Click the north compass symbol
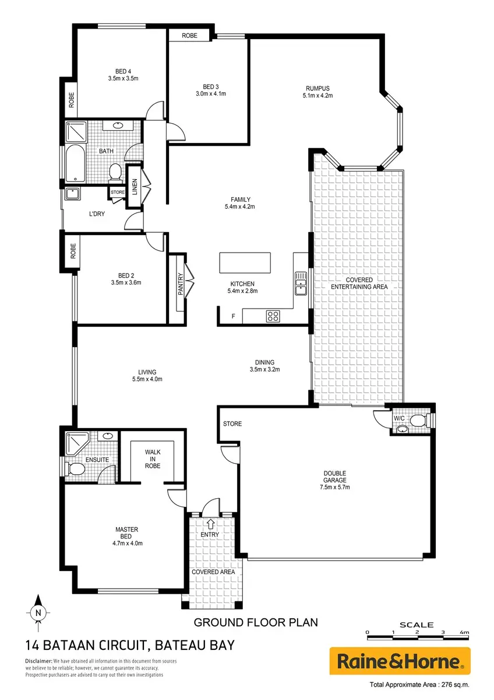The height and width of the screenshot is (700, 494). coord(38,612)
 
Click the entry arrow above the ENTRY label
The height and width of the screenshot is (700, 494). coord(211,524)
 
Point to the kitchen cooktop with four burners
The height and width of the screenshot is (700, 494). coord(273,316)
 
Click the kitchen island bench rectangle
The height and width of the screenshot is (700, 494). coord(245,263)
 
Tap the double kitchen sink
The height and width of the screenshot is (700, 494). coord(301,283)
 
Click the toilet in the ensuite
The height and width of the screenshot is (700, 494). coord(75,469)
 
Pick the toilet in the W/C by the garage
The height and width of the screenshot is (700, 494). coord(419,421)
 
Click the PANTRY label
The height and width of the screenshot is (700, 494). coord(181,283)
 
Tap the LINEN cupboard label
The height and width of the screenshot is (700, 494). coord(135,187)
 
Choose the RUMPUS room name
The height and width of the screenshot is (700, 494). coord(317,89)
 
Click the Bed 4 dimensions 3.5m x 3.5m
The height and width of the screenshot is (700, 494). coord(123,78)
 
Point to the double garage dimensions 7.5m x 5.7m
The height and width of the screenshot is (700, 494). coord(334,487)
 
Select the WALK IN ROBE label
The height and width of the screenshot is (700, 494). coord(153,459)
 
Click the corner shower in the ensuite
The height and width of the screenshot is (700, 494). coord(77,443)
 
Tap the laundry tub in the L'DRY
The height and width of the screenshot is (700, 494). coord(72,194)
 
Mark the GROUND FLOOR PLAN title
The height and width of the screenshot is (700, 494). coord(256,622)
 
